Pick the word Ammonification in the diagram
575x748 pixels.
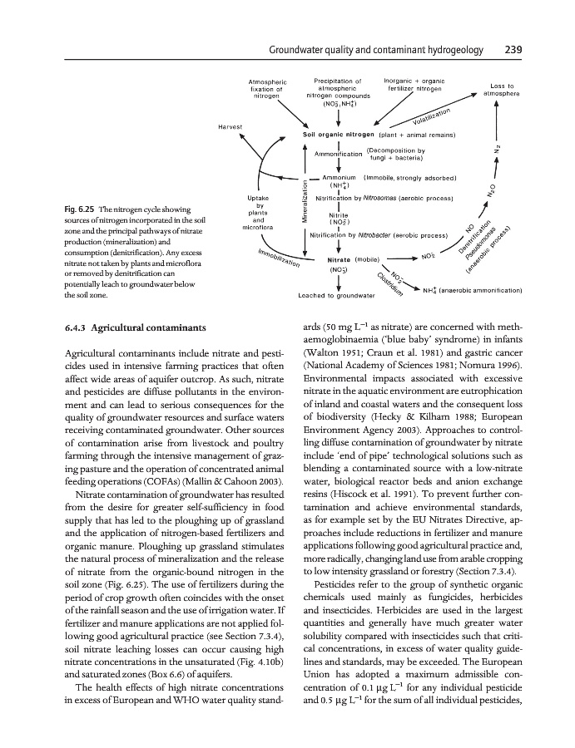tap(338, 154)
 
